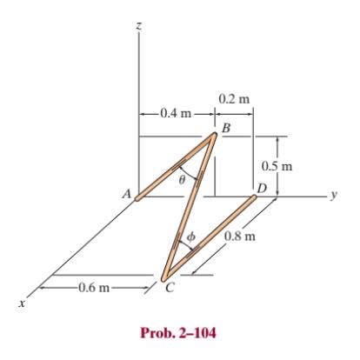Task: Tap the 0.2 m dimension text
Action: tap(235, 97)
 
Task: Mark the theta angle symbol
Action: tap(181, 180)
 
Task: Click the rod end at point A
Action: tap(138, 197)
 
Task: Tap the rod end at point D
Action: tap(252, 199)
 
